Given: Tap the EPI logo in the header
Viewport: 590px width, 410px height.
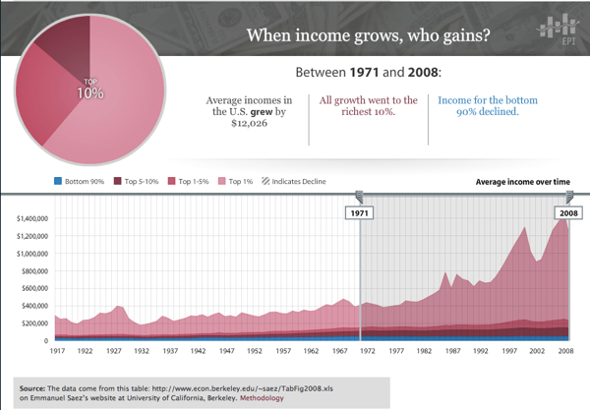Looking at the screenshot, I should (555, 30).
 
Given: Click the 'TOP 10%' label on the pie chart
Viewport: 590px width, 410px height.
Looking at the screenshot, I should (90, 88).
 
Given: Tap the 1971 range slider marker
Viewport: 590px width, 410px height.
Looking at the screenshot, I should (360, 210).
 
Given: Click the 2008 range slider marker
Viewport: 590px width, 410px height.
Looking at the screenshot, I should (567, 210).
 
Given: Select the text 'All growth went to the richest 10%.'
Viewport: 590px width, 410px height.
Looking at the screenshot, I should (369, 107).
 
